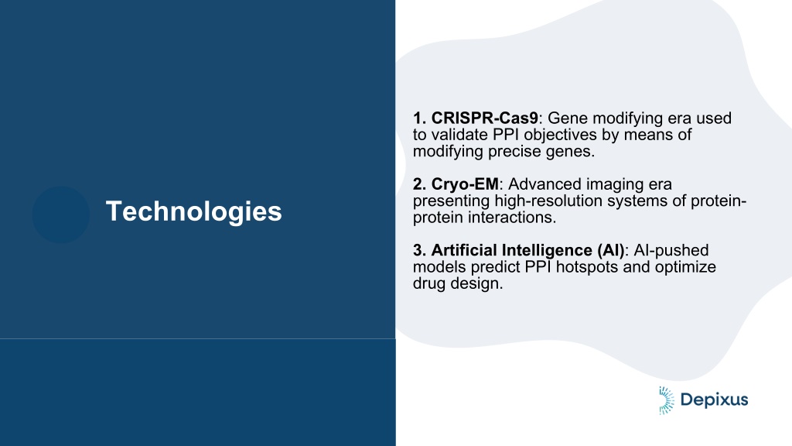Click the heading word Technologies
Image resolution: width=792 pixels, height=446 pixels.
click(193, 211)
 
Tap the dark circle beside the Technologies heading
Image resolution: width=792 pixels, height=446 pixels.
click(61, 215)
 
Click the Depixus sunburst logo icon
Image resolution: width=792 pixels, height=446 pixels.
click(666, 400)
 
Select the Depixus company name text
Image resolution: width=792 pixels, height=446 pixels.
click(714, 400)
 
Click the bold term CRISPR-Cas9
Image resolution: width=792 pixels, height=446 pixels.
click(485, 118)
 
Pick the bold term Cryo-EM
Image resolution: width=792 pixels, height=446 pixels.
click(465, 184)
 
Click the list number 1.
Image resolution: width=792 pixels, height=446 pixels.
click(420, 118)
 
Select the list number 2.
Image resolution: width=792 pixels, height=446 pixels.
click(420, 184)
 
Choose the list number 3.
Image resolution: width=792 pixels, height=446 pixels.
click(420, 250)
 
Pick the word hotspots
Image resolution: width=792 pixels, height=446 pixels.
click(587, 267)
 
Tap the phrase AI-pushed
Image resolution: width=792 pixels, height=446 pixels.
click(671, 251)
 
